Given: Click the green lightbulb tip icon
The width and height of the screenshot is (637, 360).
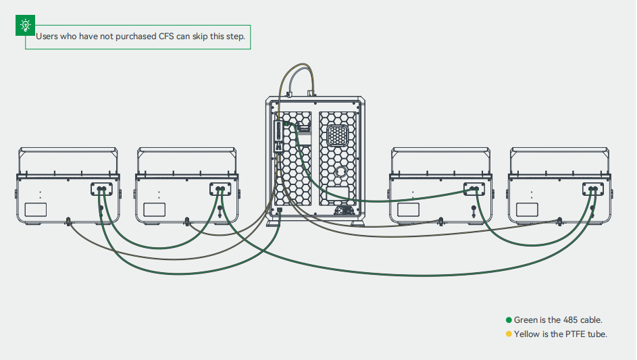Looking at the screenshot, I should click(25, 26).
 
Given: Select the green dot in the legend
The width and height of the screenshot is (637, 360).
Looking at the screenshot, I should click(509, 320).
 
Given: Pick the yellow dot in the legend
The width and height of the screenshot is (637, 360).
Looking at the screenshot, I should click(509, 334).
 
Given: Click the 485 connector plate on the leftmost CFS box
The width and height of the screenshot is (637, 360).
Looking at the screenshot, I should click(103, 190).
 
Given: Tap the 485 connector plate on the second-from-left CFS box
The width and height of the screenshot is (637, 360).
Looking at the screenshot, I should click(220, 190).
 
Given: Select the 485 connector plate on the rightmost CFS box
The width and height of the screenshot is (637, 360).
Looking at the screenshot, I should click(594, 190).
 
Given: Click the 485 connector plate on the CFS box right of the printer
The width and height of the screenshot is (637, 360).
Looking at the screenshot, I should click(474, 190).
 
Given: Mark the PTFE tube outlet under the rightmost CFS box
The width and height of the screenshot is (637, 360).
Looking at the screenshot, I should click(559, 220).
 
